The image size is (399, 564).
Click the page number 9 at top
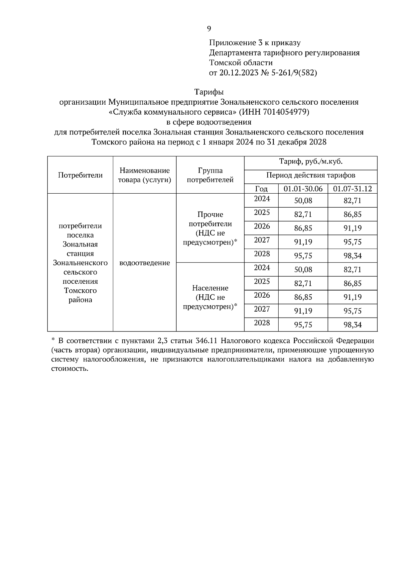point(209,29)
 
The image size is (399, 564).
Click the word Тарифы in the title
point(209,92)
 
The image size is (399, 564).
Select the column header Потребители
point(80,175)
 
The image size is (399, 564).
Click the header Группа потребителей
point(210,175)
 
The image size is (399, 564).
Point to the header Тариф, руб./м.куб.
point(311,162)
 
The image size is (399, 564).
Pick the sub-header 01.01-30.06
point(303,189)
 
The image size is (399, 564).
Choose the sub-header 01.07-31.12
point(352,189)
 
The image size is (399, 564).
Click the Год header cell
point(261,189)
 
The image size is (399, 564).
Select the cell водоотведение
point(145,263)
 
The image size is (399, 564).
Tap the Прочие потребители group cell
point(210,228)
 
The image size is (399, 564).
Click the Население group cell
point(210,297)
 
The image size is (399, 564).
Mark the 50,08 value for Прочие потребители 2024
point(303,201)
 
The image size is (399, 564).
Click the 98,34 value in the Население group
point(352,325)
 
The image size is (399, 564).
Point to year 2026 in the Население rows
point(262,295)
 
